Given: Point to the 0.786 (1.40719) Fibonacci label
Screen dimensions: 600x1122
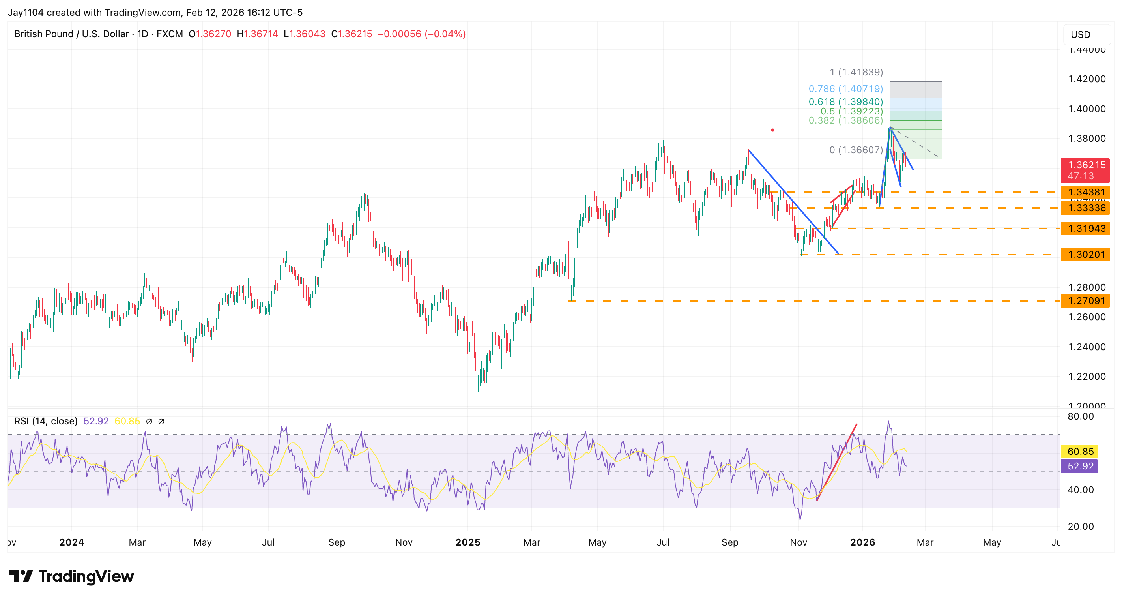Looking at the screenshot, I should click(845, 89).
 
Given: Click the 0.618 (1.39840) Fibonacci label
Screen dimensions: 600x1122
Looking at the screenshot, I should click(845, 101).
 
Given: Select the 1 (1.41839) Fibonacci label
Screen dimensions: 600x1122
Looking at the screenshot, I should click(856, 72).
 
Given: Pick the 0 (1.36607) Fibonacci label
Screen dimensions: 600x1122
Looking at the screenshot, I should click(856, 150).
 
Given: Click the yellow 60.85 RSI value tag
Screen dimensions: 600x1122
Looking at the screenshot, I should click(1080, 452).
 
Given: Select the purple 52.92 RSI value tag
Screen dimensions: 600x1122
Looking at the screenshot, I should click(1080, 466).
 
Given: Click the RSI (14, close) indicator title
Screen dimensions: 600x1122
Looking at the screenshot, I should click(46, 421).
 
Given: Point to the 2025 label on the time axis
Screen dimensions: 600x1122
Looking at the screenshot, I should click(468, 542).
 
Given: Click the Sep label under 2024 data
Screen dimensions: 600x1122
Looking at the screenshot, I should click(337, 542).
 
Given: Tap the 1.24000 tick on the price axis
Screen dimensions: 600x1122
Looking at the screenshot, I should click(1086, 347).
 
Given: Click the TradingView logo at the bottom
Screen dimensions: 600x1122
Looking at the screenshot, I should click(72, 576).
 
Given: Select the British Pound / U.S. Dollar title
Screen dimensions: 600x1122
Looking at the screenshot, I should click(71, 34).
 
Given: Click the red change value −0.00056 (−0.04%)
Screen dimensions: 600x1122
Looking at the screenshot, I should click(421, 34).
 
